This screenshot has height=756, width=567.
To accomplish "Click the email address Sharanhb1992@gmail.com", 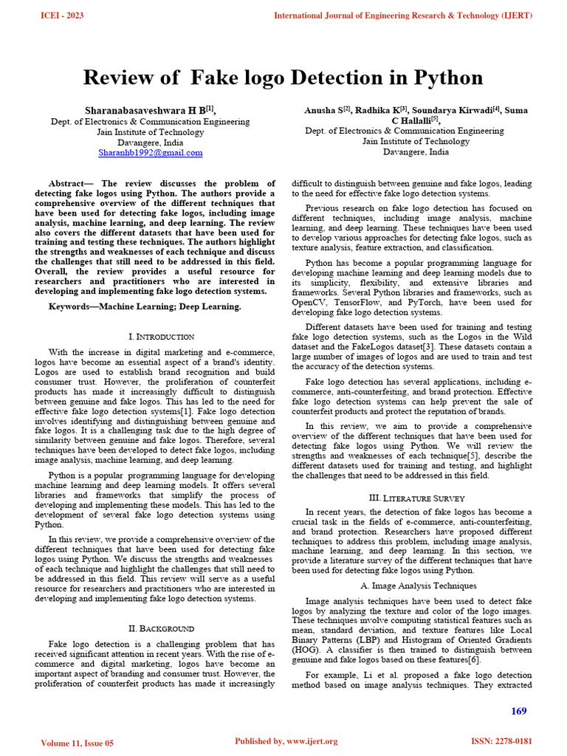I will tap(151, 153).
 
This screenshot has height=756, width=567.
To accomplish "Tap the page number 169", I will tap(519, 711).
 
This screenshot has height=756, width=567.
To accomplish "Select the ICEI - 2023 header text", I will tap(63, 15).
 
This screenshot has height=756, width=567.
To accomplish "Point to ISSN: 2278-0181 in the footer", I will tap(501, 740).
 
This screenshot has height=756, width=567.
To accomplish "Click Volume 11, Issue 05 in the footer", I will tap(78, 742).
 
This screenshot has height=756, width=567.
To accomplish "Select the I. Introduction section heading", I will tap(161, 337).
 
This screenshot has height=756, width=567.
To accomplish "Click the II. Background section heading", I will tap(161, 629).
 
